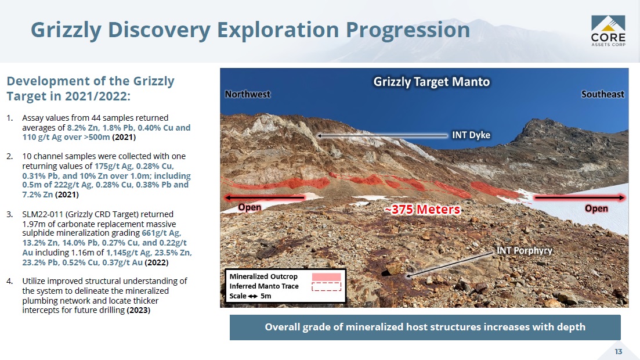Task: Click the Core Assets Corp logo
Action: pyautogui.click(x=608, y=31)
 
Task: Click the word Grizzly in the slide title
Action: pyautogui.click(x=66, y=30)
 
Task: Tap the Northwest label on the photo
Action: pyautogui.click(x=247, y=95)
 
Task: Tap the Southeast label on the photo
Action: pyautogui.click(x=602, y=95)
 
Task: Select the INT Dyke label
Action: pyautogui.click(x=471, y=135)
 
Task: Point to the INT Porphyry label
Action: pyautogui.click(x=524, y=250)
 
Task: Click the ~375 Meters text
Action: pyautogui.click(x=422, y=210)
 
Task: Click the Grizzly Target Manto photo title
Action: pyautogui.click(x=432, y=82)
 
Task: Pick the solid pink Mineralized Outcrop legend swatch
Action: pyautogui.click(x=326, y=277)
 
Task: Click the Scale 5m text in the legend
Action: pyautogui.click(x=250, y=296)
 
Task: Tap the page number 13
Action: pyautogui.click(x=619, y=351)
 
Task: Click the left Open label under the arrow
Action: pyautogui.click(x=250, y=207)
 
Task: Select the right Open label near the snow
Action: pyautogui.click(x=596, y=208)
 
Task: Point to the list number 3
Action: pyautogui.click(x=9, y=214)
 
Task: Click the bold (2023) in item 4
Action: pyautogui.click(x=138, y=310)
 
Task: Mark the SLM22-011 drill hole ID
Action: pyautogui.click(x=44, y=214)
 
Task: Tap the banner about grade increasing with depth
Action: pyautogui.click(x=425, y=327)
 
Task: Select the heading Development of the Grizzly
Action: pyautogui.click(x=90, y=81)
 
